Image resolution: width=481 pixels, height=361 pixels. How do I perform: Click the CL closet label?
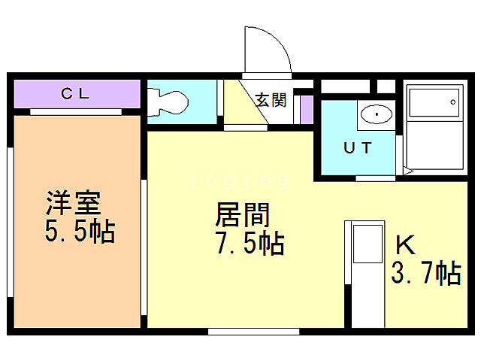75,94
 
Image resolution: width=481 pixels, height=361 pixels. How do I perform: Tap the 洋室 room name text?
74,203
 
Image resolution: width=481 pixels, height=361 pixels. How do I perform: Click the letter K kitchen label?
406,244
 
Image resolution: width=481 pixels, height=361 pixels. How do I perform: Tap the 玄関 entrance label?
271,99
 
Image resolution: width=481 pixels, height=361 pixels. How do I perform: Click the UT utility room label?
357,147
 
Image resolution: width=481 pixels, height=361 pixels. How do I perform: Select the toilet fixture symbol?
167,102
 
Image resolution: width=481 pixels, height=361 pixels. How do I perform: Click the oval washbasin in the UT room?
375,115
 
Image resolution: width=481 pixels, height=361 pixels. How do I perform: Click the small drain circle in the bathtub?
453,102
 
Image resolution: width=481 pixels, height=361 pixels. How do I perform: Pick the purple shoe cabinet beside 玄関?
307,109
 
